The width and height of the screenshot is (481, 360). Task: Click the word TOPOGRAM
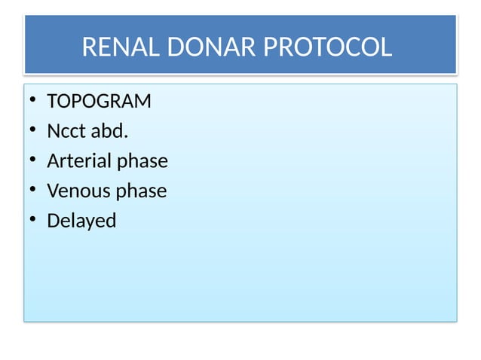click(x=99, y=101)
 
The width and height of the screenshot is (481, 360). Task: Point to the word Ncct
click(x=66, y=131)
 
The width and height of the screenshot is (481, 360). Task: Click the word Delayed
click(x=81, y=222)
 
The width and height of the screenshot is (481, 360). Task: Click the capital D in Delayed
click(x=53, y=221)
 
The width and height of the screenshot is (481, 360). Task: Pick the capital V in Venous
click(x=53, y=191)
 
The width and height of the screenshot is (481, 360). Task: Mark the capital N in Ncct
click(x=54, y=131)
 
